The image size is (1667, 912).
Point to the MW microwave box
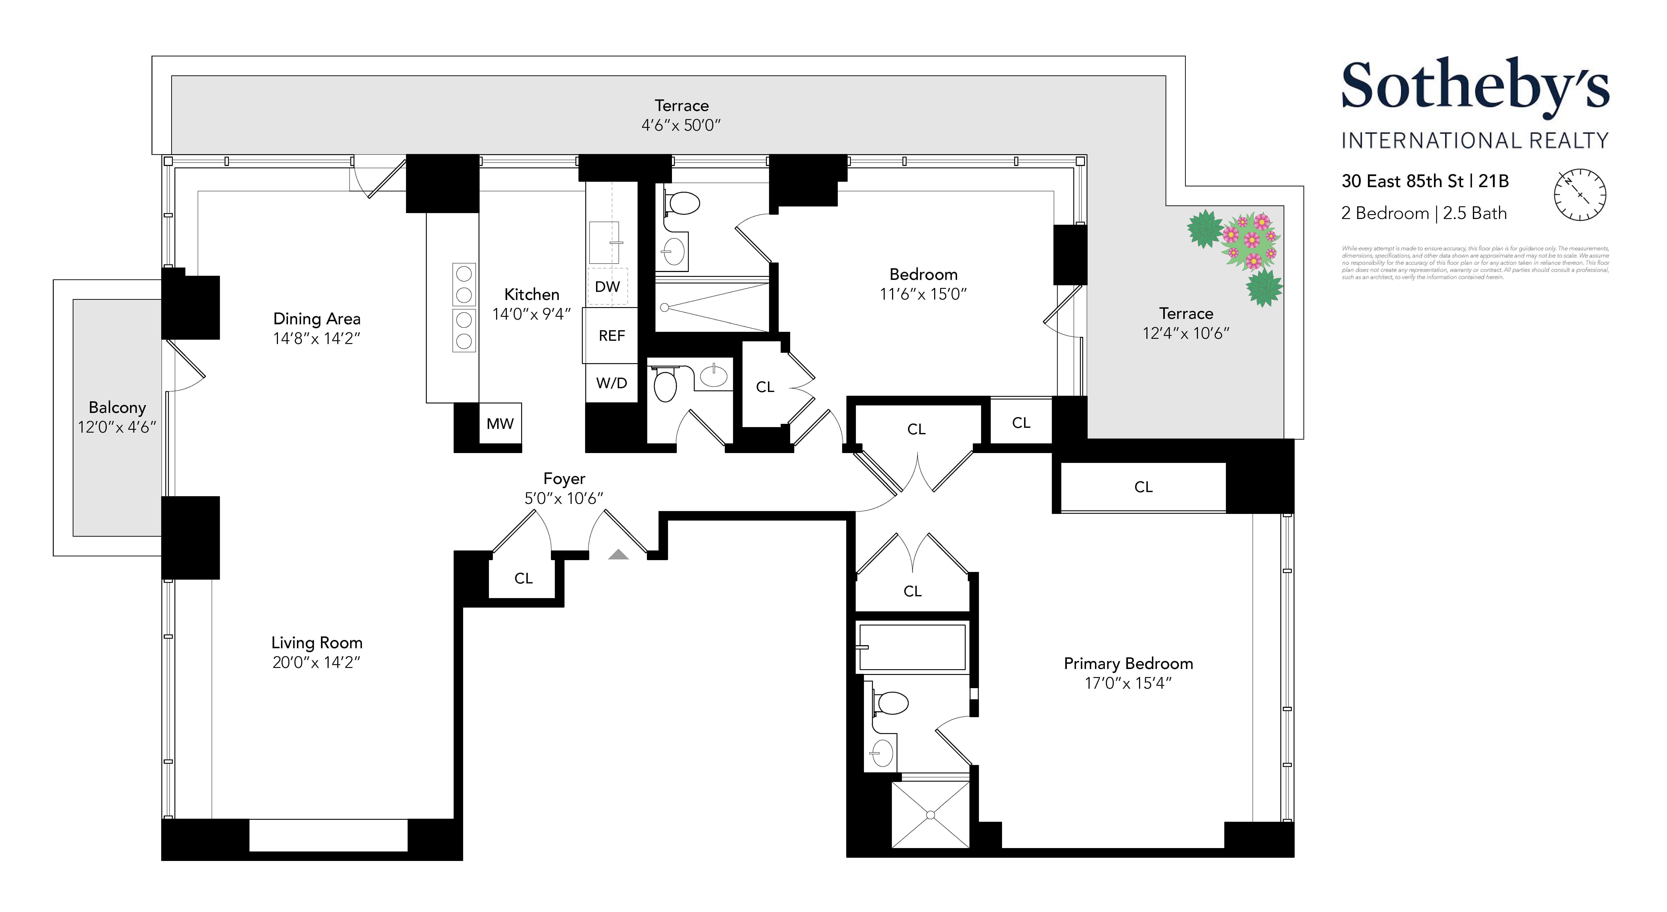[500, 424]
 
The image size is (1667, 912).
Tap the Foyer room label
[564, 478]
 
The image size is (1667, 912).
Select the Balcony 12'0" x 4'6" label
[117, 417]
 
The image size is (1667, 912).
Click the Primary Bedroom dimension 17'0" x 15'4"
[1128, 683]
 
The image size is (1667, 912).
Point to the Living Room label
[316, 643]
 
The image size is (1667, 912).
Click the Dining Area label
[316, 318]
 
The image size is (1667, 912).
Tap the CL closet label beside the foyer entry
[523, 578]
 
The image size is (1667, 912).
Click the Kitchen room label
[531, 295]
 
